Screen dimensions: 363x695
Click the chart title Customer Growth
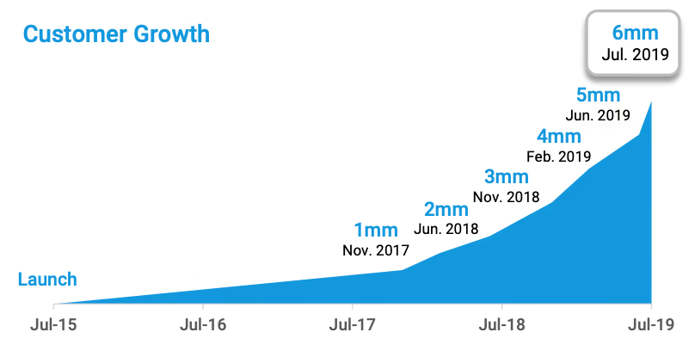[116, 35]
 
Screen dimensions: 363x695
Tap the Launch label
[47, 280]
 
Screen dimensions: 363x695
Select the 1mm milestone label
[376, 230]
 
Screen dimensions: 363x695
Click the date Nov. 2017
[376, 251]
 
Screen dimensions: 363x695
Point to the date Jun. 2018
[446, 230]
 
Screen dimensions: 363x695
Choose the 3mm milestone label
[506, 177]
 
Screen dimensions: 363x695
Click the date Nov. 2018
[506, 198]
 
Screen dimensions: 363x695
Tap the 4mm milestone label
[558, 136]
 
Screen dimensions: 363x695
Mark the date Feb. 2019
[558, 157]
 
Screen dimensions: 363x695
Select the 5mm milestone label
[599, 94]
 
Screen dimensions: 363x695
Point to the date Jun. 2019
[599, 114]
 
